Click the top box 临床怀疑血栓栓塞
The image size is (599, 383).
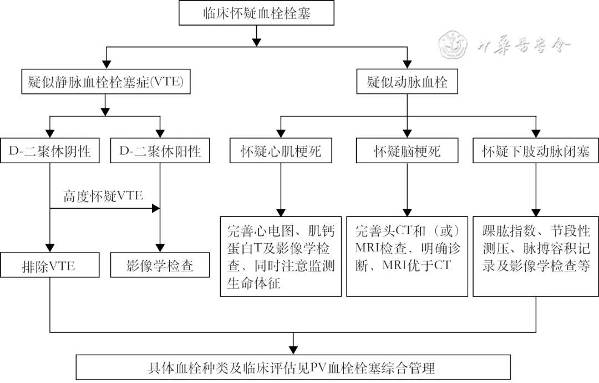point(256,13)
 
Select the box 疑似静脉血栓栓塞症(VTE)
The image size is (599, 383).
point(105,83)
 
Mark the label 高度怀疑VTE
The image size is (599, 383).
point(103,196)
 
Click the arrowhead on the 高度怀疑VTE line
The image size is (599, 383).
point(156,209)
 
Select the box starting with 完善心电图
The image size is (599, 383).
point(281,256)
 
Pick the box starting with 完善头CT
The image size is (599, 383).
point(408,256)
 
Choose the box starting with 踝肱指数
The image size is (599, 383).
point(535,256)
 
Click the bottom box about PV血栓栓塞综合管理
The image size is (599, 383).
point(292,367)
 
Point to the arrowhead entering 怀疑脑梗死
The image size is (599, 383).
point(407,133)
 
